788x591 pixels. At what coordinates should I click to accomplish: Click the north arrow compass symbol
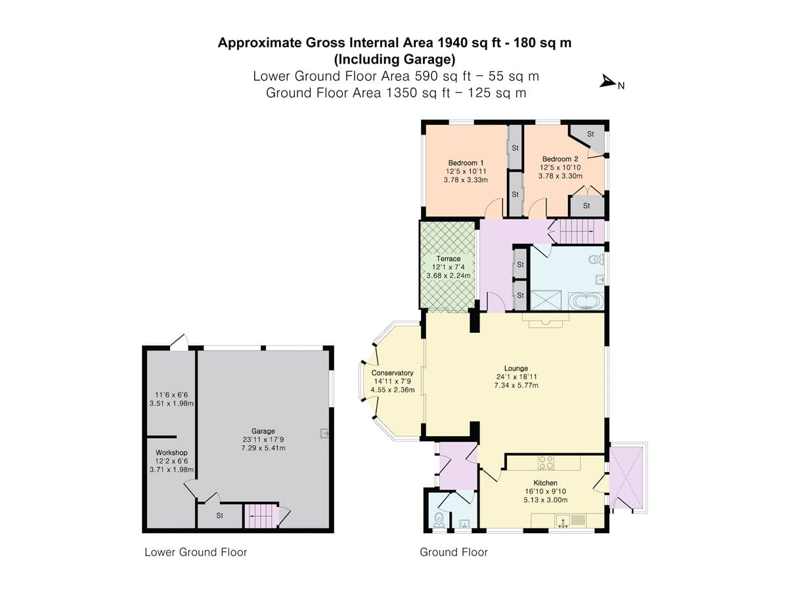click(x=608, y=83)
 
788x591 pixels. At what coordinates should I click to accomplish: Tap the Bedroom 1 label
click(x=466, y=163)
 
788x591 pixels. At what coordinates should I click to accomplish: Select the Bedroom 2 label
click(x=560, y=159)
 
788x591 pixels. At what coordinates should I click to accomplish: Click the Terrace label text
click(x=448, y=259)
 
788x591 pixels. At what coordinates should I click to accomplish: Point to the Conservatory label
click(x=392, y=372)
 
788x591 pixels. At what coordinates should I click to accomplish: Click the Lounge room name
click(x=516, y=368)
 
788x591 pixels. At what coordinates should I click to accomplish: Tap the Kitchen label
click(x=545, y=483)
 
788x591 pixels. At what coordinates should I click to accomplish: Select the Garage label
click(x=263, y=431)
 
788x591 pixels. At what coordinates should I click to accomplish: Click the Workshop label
click(x=171, y=452)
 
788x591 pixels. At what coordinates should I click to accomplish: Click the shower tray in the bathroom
click(x=546, y=301)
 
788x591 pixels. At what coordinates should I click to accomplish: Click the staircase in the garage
click(x=260, y=515)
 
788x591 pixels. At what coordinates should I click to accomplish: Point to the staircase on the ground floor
click(x=576, y=230)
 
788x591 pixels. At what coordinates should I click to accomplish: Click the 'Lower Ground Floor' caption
click(x=196, y=552)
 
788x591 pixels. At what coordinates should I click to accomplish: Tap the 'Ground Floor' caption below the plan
click(x=454, y=552)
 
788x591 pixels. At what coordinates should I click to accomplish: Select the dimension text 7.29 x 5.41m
click(x=263, y=448)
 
